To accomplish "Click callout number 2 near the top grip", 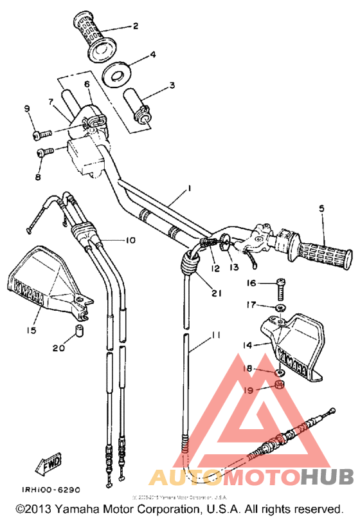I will [136, 26].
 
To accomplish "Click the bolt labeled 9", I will [41, 134].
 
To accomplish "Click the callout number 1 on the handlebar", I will [190, 189].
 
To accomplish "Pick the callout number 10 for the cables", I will [130, 240].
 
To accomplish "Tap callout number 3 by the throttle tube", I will [172, 84].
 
